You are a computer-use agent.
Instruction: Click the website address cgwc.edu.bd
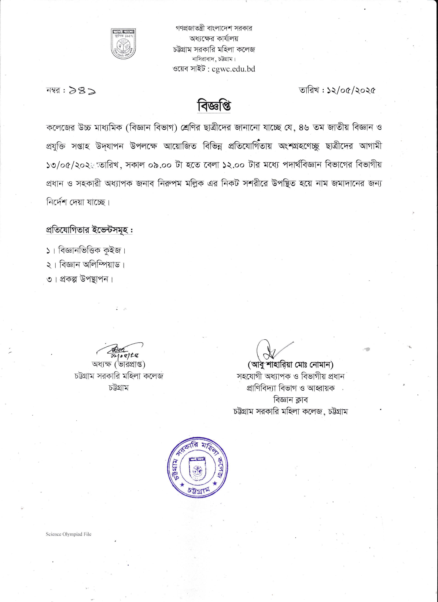234,69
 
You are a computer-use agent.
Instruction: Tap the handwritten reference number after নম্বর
82,91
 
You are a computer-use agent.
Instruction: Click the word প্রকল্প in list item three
68,279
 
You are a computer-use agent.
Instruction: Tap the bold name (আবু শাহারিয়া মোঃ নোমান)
290,365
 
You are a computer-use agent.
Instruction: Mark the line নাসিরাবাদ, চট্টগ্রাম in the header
214,59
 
